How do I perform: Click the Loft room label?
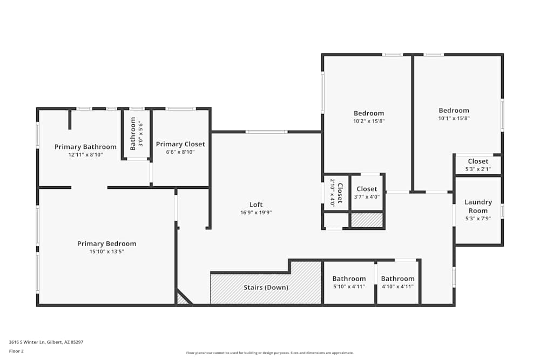[x=256, y=205]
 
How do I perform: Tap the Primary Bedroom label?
[x=107, y=243]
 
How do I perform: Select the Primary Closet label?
[x=180, y=144]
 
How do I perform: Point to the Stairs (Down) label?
[x=266, y=287]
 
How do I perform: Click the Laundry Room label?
[x=478, y=206]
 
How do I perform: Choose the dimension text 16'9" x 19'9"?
[x=256, y=213]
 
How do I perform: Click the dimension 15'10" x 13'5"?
[x=107, y=252]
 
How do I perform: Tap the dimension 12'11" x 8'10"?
[x=85, y=155]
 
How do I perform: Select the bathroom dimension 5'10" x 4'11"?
[x=349, y=287]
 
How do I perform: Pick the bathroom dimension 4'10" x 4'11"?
[x=398, y=287]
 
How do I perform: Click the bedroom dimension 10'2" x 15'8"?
[x=369, y=121]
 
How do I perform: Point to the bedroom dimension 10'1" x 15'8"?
[x=454, y=118]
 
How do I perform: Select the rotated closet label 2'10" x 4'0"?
[x=336, y=193]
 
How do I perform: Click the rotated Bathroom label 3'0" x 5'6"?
[x=137, y=134]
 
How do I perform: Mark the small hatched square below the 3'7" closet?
[x=367, y=220]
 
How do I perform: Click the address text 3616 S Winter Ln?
[x=27, y=342]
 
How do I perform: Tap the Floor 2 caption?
[x=16, y=351]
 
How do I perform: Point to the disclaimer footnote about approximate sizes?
[x=269, y=353]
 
